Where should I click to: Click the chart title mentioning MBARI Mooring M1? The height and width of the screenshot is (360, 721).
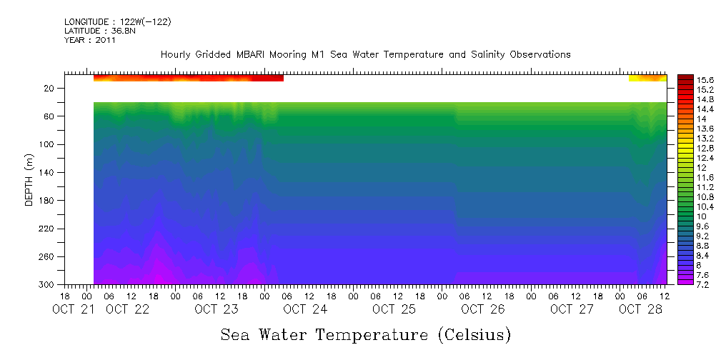click(365, 54)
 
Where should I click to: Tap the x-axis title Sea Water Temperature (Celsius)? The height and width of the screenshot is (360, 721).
click(365, 334)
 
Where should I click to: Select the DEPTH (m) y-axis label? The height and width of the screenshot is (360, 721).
click(29, 179)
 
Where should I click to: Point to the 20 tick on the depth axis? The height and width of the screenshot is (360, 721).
click(50, 88)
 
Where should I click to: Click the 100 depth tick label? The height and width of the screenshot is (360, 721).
click(48, 144)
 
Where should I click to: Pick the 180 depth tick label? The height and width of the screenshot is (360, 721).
click(48, 201)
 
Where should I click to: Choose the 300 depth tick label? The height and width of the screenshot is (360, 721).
click(48, 284)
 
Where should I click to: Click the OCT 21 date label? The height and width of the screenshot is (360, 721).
click(75, 309)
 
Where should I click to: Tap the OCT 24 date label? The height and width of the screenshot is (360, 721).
click(305, 309)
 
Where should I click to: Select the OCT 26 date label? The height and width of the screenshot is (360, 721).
click(482, 309)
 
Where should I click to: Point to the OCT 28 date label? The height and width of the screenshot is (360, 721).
click(640, 309)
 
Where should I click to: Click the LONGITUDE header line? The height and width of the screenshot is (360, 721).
click(118, 21)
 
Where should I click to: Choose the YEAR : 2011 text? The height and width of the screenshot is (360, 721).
click(89, 40)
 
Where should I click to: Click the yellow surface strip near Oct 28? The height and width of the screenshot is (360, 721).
click(647, 78)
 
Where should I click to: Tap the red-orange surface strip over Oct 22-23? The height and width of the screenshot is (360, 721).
click(189, 78)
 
